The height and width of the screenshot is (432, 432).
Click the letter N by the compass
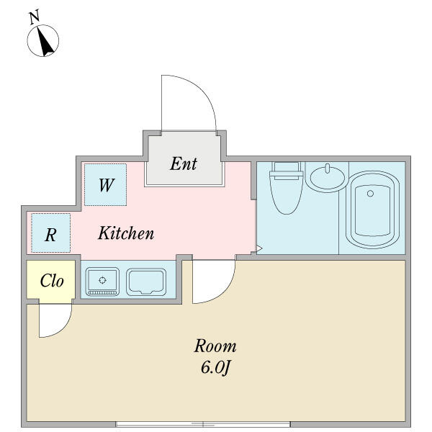coord(35,17)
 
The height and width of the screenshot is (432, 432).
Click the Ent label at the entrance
coord(184,163)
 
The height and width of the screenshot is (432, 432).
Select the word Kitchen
coord(126,233)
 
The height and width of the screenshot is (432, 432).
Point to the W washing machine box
coord(106,184)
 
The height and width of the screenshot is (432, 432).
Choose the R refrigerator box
coord(51,233)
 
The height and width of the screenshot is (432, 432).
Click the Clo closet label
coord(52,281)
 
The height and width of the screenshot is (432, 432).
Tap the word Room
coord(215,346)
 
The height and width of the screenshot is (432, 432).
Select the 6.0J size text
coord(215,367)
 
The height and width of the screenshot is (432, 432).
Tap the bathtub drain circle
coord(370,194)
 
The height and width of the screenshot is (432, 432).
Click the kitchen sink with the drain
coord(102,282)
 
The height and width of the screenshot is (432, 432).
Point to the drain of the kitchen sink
coord(102,281)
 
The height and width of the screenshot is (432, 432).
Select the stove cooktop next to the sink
coord(146,282)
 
